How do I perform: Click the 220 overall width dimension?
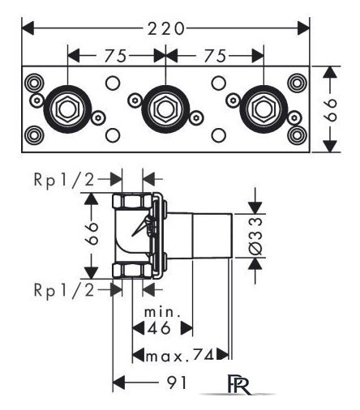click(165, 28)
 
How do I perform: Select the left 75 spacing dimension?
click(116, 56)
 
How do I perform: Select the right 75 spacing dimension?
click(215, 56)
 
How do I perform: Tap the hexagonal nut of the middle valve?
click(165, 109)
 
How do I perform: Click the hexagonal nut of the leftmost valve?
click(67, 109)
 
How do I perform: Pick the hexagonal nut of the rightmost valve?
click(264, 109)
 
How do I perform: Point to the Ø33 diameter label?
click(255, 236)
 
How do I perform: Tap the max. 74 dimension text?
click(180, 356)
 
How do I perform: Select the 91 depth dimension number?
click(177, 382)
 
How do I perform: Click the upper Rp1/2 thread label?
click(64, 179)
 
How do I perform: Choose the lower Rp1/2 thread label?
click(64, 290)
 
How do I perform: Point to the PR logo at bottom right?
click(239, 384)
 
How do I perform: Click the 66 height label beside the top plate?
click(330, 109)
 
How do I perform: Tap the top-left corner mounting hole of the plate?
click(34, 83)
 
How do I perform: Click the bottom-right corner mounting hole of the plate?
click(297, 135)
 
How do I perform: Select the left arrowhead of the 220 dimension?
click(28, 28)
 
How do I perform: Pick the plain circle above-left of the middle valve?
click(113, 83)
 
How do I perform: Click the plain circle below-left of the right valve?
click(219, 135)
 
